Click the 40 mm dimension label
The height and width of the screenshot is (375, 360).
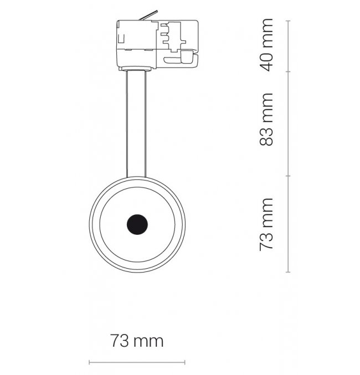click(x=267, y=45)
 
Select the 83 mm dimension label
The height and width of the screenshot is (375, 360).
click(x=267, y=119)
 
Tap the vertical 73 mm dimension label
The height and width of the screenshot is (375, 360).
click(x=267, y=224)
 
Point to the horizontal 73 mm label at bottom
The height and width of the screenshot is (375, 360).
click(x=137, y=341)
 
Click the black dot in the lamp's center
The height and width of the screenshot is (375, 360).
click(x=137, y=224)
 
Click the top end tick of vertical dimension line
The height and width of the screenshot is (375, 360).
click(x=288, y=21)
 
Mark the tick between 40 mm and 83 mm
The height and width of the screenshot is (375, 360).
click(x=288, y=71)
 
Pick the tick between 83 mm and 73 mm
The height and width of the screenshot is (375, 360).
click(x=288, y=176)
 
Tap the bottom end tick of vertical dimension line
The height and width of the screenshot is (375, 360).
click(x=288, y=272)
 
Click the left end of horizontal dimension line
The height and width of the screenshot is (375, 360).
click(x=89, y=362)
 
